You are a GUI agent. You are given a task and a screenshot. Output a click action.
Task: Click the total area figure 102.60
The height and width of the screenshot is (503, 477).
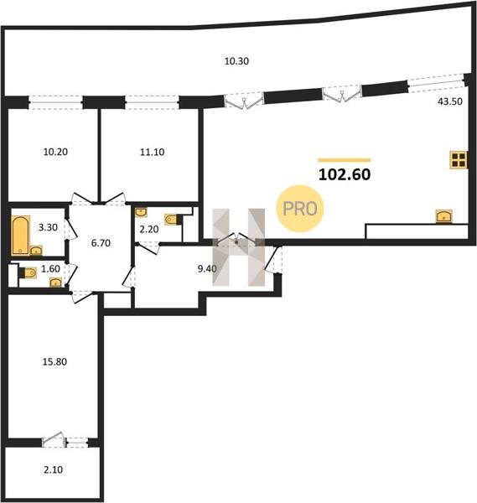click(x=345, y=174)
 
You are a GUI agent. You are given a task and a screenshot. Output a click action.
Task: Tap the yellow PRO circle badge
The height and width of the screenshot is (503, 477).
click(x=300, y=209)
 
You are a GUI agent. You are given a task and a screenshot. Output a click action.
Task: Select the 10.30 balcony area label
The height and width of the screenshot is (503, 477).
click(x=236, y=61)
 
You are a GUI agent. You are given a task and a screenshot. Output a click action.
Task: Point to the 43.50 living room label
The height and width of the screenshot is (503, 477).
click(x=450, y=101)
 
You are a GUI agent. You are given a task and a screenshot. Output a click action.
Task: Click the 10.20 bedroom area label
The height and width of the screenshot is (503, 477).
click(x=55, y=152)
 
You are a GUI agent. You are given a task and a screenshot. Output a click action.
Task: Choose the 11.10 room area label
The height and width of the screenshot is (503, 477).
click(x=152, y=152)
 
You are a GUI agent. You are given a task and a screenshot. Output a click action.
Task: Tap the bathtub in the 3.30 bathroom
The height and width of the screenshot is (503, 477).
click(x=20, y=236)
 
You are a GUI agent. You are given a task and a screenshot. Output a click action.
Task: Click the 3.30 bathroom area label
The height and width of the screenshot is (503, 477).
click(x=48, y=227)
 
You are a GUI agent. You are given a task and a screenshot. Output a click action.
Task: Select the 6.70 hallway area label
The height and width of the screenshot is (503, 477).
click(x=101, y=243)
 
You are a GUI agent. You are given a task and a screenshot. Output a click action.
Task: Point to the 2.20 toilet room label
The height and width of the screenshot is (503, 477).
click(x=149, y=230)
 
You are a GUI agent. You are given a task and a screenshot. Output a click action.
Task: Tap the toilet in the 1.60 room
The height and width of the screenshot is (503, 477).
click(x=28, y=272)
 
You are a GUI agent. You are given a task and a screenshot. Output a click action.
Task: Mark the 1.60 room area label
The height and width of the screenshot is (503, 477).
click(x=50, y=269)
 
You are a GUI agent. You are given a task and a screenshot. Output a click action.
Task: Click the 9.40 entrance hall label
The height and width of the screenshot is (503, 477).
click(x=207, y=269)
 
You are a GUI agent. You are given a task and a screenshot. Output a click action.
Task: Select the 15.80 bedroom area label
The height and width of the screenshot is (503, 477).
click(x=54, y=362)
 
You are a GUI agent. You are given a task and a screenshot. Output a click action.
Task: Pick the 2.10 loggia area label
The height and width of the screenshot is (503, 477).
click(x=54, y=470)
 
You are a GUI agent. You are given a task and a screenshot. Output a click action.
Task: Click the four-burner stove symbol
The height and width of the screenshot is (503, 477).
click(x=459, y=160)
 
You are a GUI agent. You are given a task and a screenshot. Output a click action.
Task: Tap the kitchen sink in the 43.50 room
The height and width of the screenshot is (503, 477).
click(x=444, y=216)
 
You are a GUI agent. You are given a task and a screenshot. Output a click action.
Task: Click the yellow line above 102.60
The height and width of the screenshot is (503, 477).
click(x=345, y=160)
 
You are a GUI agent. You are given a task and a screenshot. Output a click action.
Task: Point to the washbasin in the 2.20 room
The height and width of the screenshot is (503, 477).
click(x=141, y=212)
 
